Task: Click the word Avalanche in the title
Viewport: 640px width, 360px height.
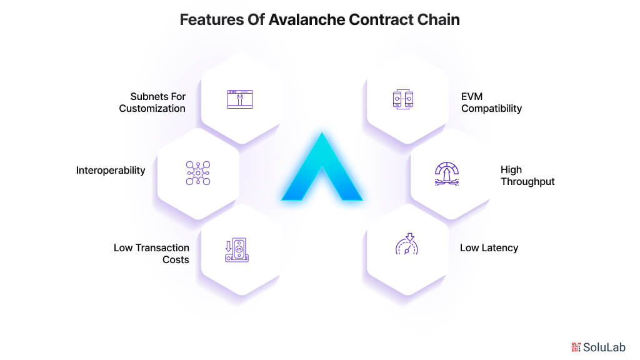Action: [306, 19]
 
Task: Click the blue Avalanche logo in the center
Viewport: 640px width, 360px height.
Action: [321, 169]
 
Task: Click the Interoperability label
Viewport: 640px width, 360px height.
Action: [111, 170]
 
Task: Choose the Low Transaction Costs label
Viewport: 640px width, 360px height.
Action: [151, 254]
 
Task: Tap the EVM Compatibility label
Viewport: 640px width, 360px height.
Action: [491, 102]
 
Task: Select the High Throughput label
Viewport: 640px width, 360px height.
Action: [527, 176]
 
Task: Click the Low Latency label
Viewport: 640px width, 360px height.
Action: [489, 247]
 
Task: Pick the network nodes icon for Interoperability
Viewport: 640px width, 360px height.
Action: [198, 173]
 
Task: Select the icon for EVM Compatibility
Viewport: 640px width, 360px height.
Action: [403, 99]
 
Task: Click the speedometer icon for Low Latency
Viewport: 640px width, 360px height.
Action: [407, 245]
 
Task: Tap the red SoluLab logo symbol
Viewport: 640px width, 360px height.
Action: [576, 347]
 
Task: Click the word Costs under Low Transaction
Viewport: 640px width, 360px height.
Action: [176, 259]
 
